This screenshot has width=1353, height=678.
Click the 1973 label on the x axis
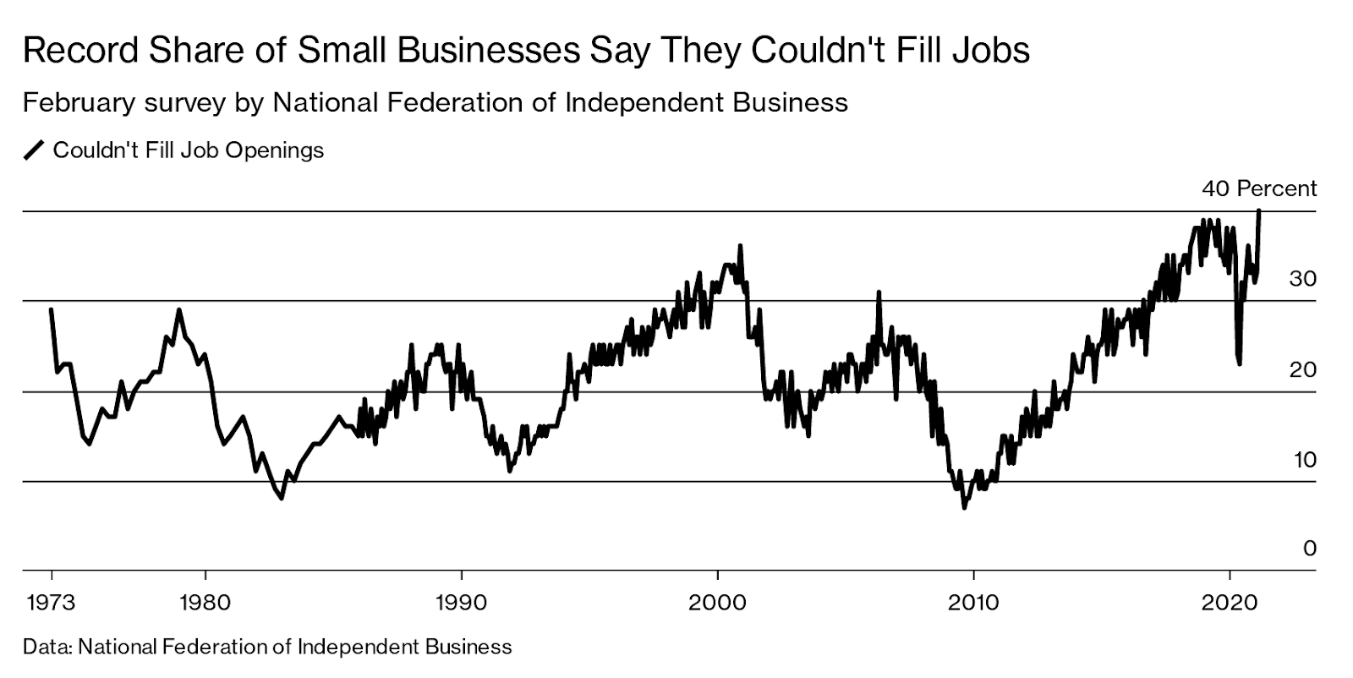(52, 603)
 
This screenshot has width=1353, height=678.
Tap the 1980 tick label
(205, 603)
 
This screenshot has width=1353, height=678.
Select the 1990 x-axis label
(461, 603)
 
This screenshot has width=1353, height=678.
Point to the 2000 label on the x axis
(717, 603)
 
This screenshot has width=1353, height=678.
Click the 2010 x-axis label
(973, 603)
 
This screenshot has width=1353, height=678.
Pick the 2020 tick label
(1229, 603)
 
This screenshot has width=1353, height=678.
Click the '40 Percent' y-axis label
(1259, 189)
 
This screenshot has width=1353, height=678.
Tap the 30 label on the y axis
(1302, 279)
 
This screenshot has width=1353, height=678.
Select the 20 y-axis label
(1302, 369)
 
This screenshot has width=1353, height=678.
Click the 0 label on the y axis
(1310, 550)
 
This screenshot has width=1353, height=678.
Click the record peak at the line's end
(1259, 211)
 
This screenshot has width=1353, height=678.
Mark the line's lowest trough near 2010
(964, 507)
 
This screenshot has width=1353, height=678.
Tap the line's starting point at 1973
(52, 309)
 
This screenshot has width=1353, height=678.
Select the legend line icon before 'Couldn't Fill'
(34, 150)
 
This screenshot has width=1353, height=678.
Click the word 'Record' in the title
(79, 51)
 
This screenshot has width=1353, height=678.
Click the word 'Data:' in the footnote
(47, 648)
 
